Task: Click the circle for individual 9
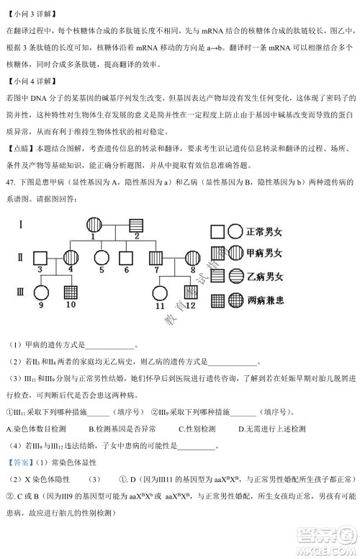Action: [39, 294]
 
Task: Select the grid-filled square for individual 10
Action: [71, 294]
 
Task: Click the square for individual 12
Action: [190, 294]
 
